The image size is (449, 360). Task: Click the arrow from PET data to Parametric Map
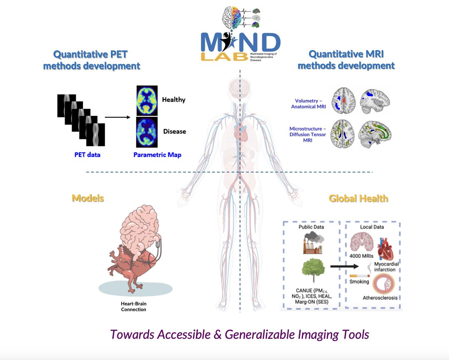pos(117,118)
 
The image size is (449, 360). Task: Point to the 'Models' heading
pos(88,198)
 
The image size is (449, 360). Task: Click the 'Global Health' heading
pos(358,198)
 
